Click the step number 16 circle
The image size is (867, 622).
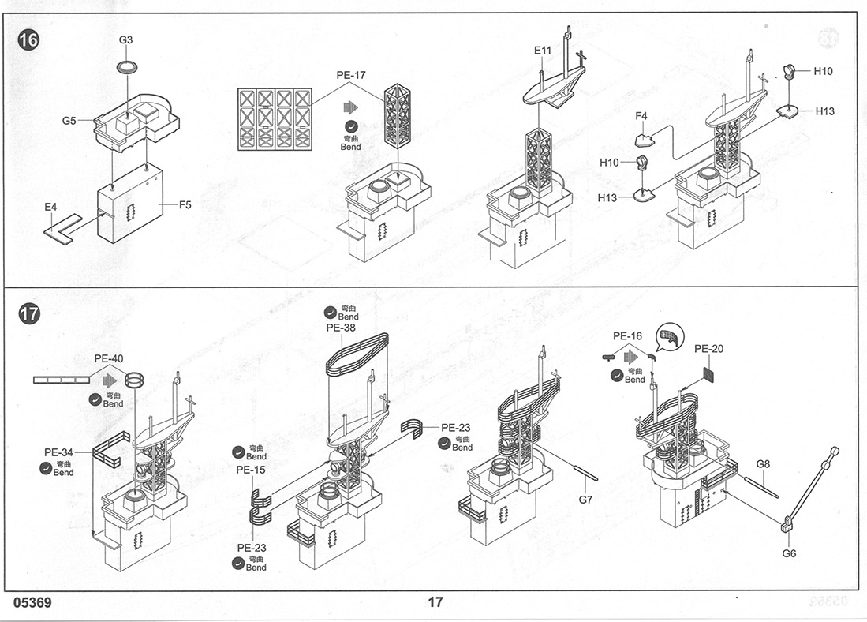pyautogui.click(x=28, y=40)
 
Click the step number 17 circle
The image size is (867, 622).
pyautogui.click(x=28, y=314)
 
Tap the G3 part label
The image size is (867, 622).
pyautogui.click(x=125, y=39)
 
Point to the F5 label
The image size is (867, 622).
pyautogui.click(x=185, y=204)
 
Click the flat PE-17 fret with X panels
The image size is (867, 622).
pyautogui.click(x=274, y=119)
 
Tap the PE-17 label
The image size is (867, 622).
pyautogui.click(x=350, y=75)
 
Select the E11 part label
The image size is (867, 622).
pyautogui.click(x=543, y=50)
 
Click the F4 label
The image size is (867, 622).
pyautogui.click(x=641, y=116)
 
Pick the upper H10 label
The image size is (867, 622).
pyautogui.click(x=823, y=71)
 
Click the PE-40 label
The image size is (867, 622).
pyautogui.click(x=108, y=358)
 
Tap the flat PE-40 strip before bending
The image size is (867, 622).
pyautogui.click(x=61, y=380)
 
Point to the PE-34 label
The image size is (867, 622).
pyautogui.click(x=58, y=452)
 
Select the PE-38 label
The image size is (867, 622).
pyautogui.click(x=341, y=327)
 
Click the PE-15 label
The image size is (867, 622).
pyautogui.click(x=251, y=470)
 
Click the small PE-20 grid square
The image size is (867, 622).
pyautogui.click(x=711, y=374)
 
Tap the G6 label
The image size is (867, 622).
pyautogui.click(x=789, y=553)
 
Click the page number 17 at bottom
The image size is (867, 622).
pyautogui.click(x=435, y=602)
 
